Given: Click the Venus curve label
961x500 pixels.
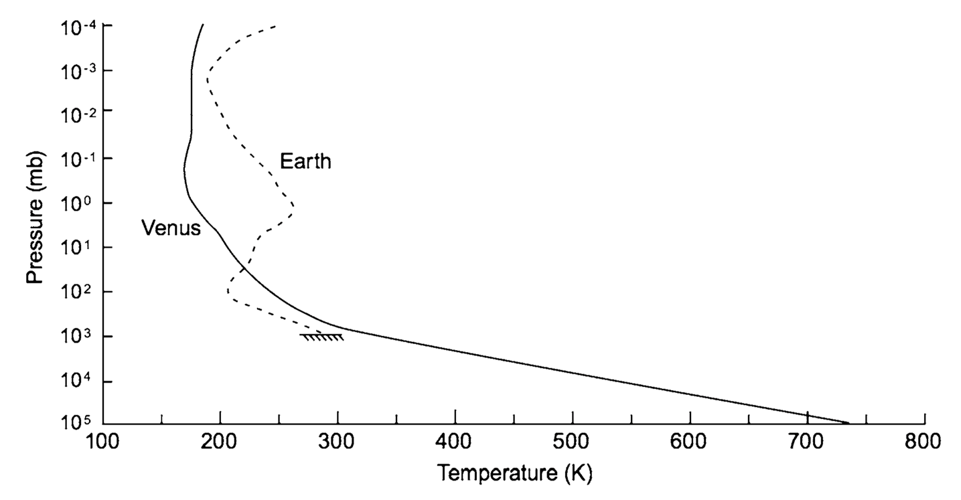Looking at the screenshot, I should click(171, 228).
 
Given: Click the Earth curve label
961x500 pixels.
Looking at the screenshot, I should click(305, 161).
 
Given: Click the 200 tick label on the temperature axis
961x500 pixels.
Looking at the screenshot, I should click(220, 442).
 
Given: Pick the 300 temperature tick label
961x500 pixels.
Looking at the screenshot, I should click(338, 442).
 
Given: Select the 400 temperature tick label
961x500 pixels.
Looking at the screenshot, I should click(455, 442).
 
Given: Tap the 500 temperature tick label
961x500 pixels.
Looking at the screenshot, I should click(573, 442).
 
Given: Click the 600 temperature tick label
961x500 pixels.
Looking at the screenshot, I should click(690, 442).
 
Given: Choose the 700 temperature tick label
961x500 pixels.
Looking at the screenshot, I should click(808, 442).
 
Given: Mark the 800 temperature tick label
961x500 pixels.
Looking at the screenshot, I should click(925, 442).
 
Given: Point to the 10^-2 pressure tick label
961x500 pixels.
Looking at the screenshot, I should click(76, 113).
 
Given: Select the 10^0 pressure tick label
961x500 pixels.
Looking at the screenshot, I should click(78, 203).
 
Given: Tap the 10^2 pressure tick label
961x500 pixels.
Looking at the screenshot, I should click(78, 292).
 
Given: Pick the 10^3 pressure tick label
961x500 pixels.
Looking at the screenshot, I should click(78, 337).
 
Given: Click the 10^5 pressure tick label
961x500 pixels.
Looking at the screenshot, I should click(78, 423).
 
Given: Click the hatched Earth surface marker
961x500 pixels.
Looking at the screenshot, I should click(322, 336).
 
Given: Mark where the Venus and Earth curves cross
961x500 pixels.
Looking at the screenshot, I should click(244, 268).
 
